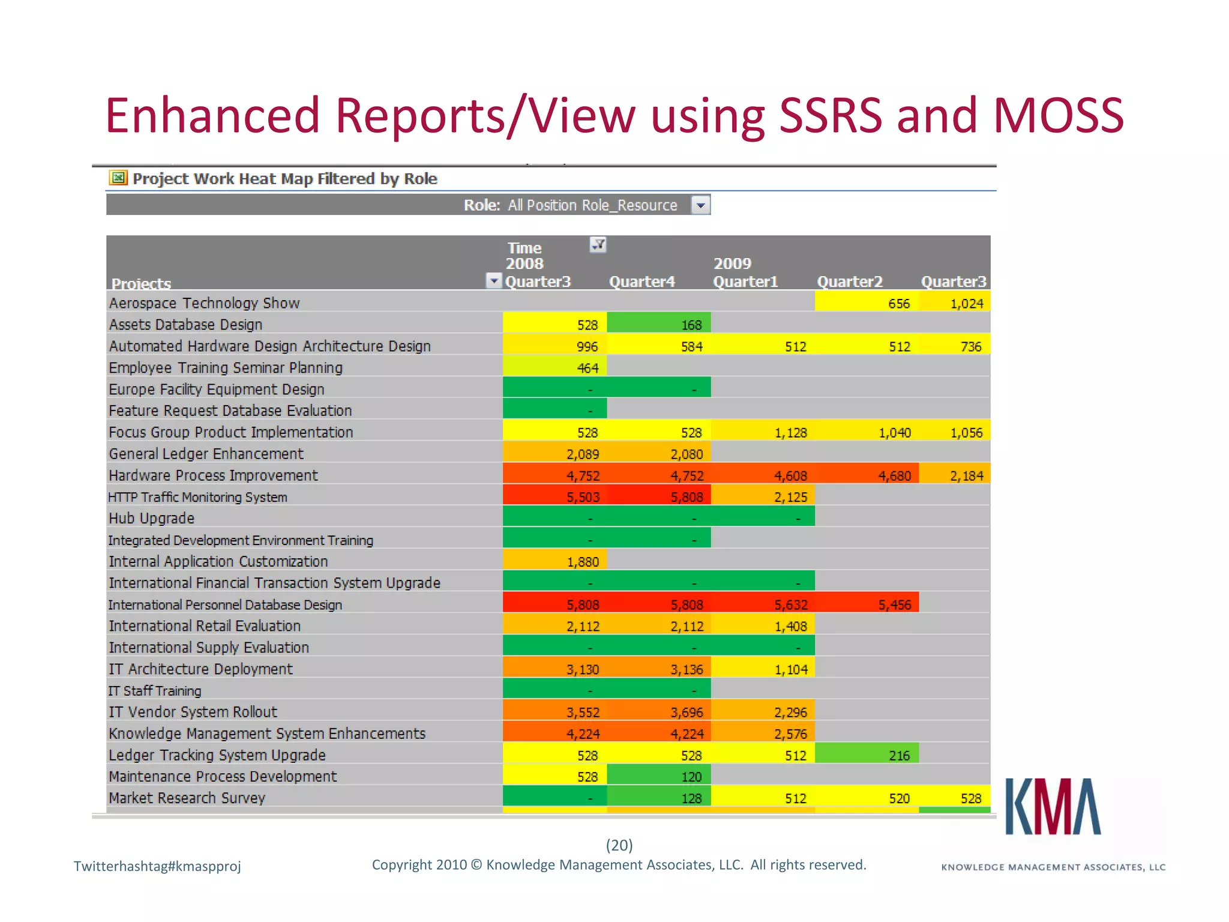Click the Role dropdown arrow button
[x=700, y=205]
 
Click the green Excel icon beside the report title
[x=118, y=178]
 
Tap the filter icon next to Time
[x=598, y=244]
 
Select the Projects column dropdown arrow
[x=493, y=280]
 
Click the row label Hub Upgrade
[x=152, y=518]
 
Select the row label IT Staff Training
[x=155, y=690]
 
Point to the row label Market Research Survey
[x=187, y=798]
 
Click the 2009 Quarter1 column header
[x=745, y=282]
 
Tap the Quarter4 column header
[x=642, y=282]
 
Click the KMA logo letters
[x=1053, y=807]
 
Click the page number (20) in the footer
[x=619, y=845]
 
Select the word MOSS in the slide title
[x=1057, y=115]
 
